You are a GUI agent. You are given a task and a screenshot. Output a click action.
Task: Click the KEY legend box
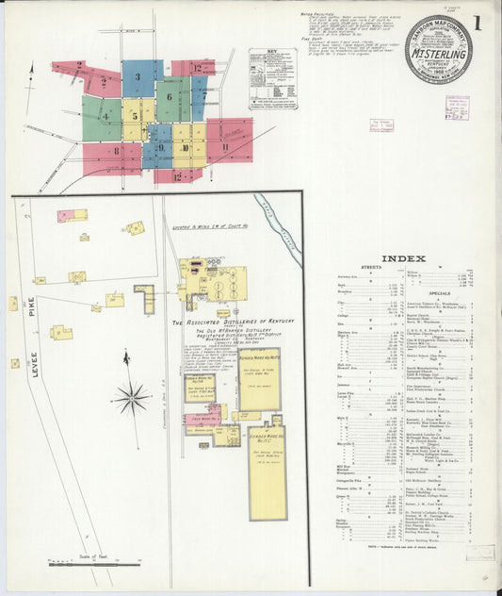point(272,79)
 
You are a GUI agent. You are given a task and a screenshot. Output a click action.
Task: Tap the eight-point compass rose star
point(131,398)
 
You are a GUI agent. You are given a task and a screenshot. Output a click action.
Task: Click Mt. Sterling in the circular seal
point(438,54)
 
